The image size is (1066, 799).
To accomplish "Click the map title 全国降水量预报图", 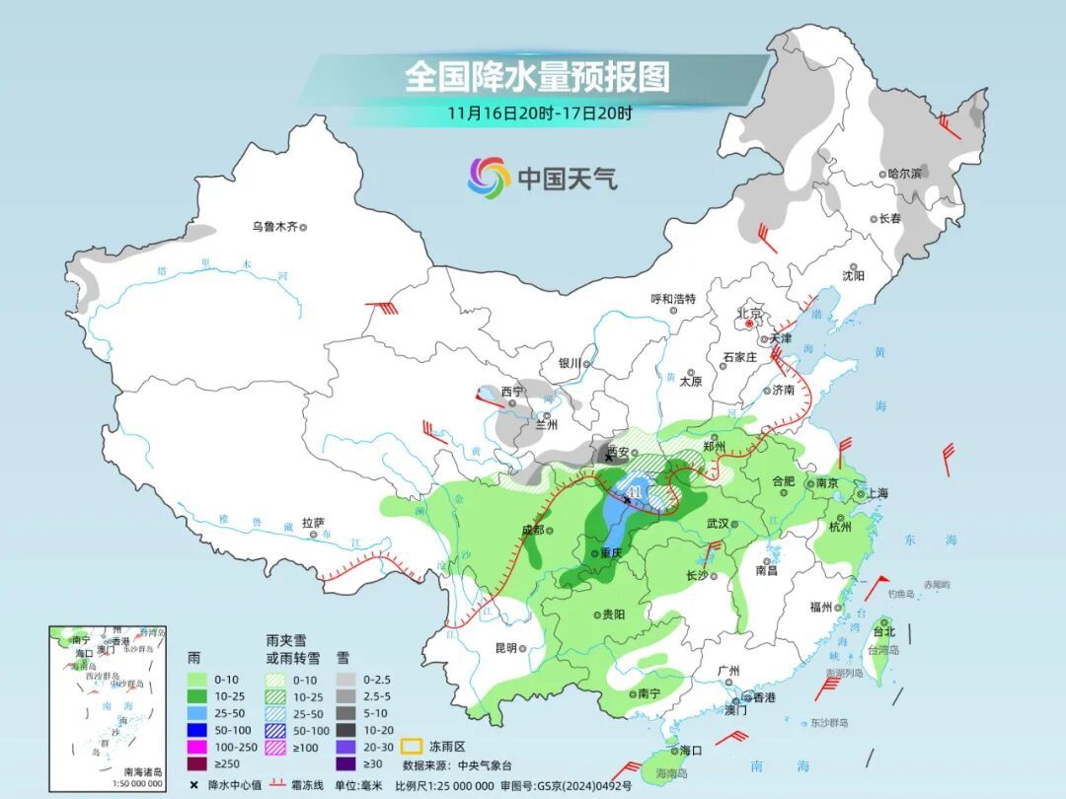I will (x=537, y=76).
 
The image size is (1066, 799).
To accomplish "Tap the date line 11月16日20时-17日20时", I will (x=539, y=112).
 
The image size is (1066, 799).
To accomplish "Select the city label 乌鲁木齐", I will (x=273, y=227).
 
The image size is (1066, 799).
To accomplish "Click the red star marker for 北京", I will (x=750, y=323).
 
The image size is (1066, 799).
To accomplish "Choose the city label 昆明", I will (x=505, y=648).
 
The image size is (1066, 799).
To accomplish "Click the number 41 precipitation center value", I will (x=634, y=491).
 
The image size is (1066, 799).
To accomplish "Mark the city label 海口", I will (x=690, y=751).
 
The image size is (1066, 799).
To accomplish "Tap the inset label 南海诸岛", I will (x=142, y=771).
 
